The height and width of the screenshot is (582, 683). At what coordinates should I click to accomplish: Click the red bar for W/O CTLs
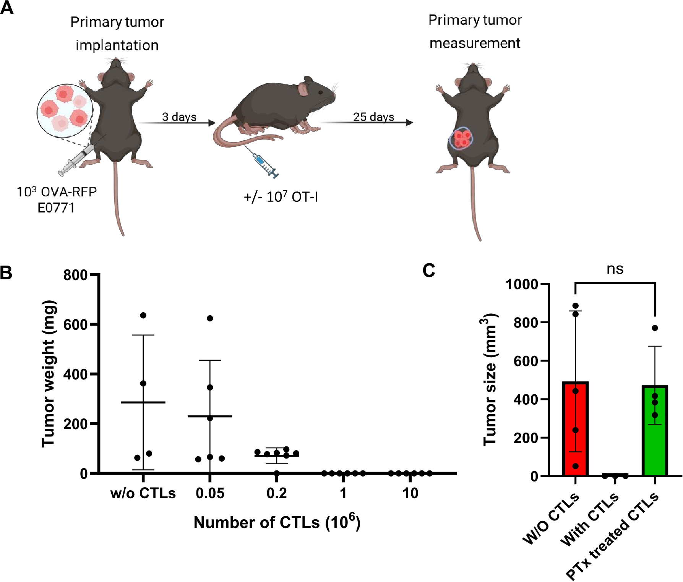click(x=575, y=428)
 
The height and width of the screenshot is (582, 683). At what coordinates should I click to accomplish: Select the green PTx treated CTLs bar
click(x=655, y=432)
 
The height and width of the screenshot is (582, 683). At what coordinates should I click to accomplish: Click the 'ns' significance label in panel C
click(x=615, y=269)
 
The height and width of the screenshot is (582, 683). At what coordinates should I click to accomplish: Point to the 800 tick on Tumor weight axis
click(x=76, y=275)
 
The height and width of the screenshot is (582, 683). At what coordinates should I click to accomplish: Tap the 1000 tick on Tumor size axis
click(x=522, y=284)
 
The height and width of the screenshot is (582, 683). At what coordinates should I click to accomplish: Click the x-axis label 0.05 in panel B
click(x=210, y=493)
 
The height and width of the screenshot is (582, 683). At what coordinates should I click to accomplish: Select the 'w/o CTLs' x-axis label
click(x=143, y=493)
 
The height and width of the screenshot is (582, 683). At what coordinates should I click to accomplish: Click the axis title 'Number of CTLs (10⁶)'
click(x=277, y=522)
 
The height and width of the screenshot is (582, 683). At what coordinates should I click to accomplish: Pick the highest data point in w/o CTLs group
click(x=143, y=315)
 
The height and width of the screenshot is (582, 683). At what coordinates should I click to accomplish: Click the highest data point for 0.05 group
click(x=210, y=318)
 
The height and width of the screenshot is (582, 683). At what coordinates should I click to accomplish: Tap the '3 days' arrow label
click(x=179, y=117)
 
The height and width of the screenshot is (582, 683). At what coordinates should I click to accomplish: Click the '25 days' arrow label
click(x=373, y=117)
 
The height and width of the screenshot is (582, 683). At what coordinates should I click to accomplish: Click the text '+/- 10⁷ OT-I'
click(x=281, y=197)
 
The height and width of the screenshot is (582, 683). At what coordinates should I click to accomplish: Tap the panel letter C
click(x=428, y=271)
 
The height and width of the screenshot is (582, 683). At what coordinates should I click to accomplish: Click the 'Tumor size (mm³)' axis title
click(x=489, y=380)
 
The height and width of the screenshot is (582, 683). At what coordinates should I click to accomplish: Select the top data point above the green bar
click(x=655, y=328)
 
